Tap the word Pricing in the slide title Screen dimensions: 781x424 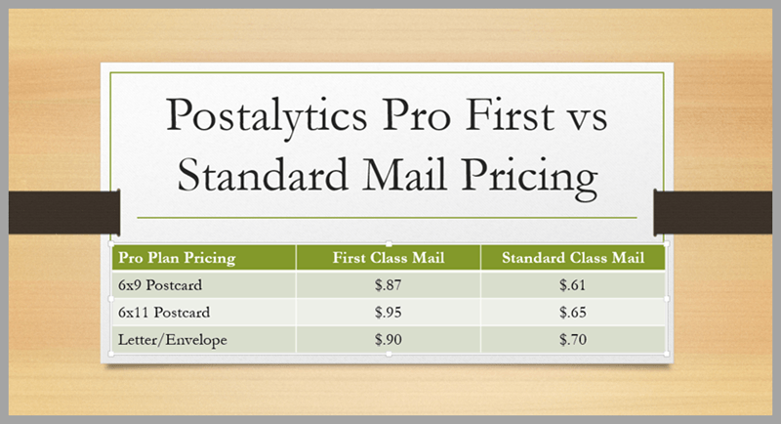pos(528,178)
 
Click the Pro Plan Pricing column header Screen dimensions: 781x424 pos(177,258)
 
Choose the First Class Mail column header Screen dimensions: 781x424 pos(389,258)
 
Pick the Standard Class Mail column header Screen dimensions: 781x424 pos(573,258)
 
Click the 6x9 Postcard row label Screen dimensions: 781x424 pos(160,285)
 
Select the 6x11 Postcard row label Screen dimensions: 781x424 pos(164,313)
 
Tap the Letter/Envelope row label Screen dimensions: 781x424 pos(173,340)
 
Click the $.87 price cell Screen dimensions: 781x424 pos(388,284)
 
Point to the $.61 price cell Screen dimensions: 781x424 pos(572,284)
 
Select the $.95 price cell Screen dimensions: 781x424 pos(388,312)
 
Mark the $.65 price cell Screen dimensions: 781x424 pos(572,312)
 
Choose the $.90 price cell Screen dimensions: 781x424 pos(388,339)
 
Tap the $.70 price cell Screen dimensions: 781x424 pos(572,339)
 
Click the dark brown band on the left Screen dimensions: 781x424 pos(64,212)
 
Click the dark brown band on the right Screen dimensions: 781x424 pos(713,212)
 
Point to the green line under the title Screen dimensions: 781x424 pos(387,218)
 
